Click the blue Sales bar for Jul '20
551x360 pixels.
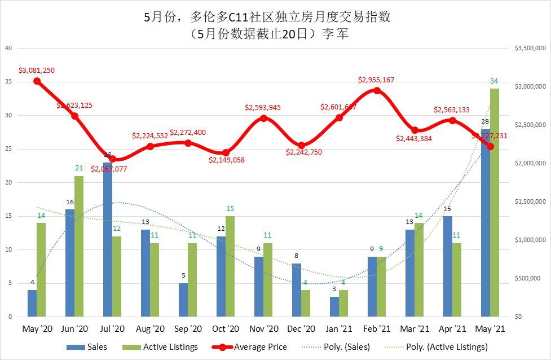(108, 240)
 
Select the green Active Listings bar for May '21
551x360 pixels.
(495, 203)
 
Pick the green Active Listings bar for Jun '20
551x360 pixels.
(79, 247)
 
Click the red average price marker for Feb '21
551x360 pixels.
(377, 90)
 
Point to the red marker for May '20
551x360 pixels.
(37, 81)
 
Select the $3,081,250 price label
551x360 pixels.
(37, 70)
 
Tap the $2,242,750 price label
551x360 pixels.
(304, 152)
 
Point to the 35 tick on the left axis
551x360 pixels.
(8, 82)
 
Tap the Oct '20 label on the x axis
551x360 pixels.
(226, 328)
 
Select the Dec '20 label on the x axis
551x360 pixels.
(301, 328)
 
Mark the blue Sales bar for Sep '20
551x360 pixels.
(183, 300)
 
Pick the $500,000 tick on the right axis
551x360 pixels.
(532, 278)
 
